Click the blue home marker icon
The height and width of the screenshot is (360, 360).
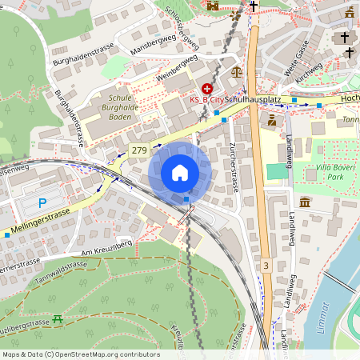coord(180,173)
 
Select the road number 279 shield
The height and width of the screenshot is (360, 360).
coord(139,150)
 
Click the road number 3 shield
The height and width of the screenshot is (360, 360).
coord(266,264)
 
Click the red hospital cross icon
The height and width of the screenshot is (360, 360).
coord(207,88)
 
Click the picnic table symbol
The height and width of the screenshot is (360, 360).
coord(58,319)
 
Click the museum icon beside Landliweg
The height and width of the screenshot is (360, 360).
coord(306,202)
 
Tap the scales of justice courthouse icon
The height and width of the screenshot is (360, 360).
coord(236,71)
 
